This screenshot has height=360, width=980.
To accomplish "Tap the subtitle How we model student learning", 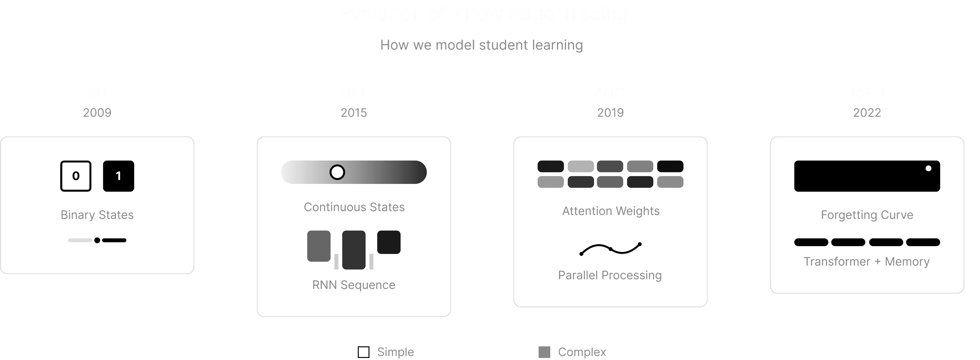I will pyautogui.click(x=481, y=45).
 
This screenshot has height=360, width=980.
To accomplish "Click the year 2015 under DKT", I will pyautogui.click(x=354, y=113).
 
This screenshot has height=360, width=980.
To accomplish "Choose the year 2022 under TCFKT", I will pyautogui.click(x=867, y=113).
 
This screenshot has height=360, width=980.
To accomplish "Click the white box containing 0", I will pyautogui.click(x=76, y=176).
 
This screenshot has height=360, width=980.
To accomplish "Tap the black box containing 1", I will pyautogui.click(x=118, y=176).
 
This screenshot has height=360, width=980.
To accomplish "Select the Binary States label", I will pyautogui.click(x=97, y=215).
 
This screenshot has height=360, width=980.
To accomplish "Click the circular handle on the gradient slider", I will pyautogui.click(x=337, y=172).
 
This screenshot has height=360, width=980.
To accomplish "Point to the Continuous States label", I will pyautogui.click(x=354, y=207).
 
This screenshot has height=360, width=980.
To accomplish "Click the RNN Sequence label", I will pyautogui.click(x=354, y=285).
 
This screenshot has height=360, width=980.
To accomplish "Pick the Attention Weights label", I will pyautogui.click(x=611, y=211).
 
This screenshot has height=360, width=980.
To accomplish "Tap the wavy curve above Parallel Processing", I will pyautogui.click(x=610, y=249).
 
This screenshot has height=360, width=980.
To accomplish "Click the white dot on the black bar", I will pyautogui.click(x=928, y=168).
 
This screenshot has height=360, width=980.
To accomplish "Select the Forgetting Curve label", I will pyautogui.click(x=867, y=215).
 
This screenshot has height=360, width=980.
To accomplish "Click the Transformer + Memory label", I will pyautogui.click(x=867, y=262).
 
